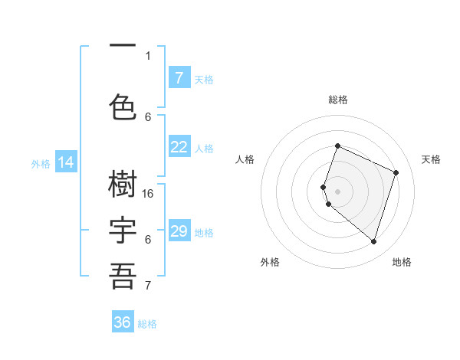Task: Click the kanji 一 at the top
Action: click(x=123, y=46)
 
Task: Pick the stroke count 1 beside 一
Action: click(x=148, y=55)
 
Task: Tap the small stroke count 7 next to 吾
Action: click(x=148, y=286)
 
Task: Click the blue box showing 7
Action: click(x=179, y=78)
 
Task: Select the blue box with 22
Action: click(x=179, y=147)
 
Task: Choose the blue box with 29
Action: click(x=179, y=231)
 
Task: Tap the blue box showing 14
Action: click(x=66, y=162)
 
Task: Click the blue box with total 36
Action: click(x=123, y=322)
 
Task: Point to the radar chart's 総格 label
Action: click(x=338, y=100)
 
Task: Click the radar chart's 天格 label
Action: click(x=431, y=159)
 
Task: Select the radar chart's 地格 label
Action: click(x=402, y=262)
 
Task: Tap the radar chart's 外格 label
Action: click(x=270, y=262)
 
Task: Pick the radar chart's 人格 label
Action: click(x=245, y=159)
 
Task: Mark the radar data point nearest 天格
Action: click(x=396, y=172)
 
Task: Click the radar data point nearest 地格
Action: click(x=373, y=241)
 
